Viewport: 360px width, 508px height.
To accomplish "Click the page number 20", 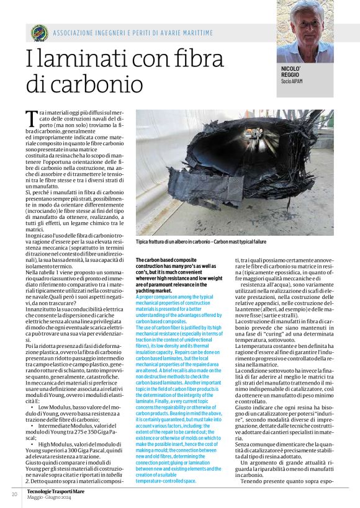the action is tap(14, 494).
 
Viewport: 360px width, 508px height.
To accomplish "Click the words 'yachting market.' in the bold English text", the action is tap(155, 290).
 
